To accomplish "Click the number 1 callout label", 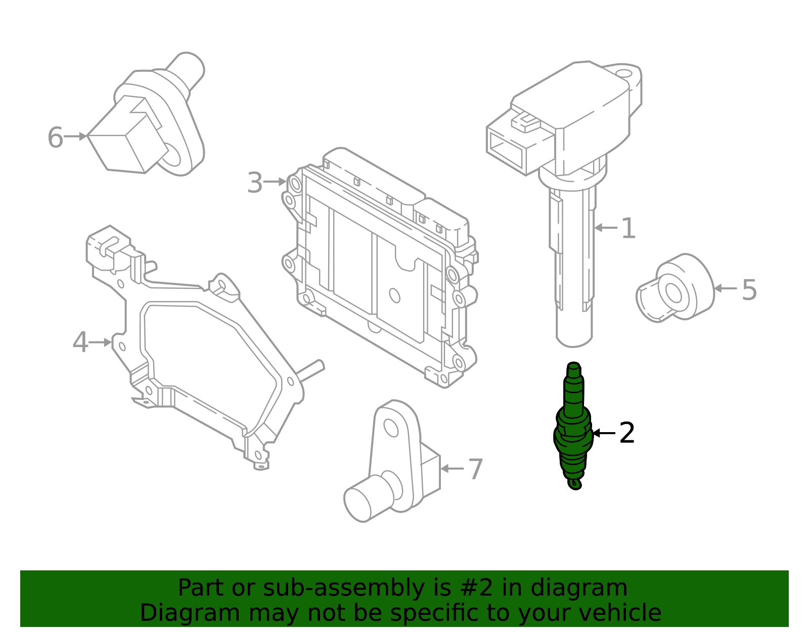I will click(627, 229).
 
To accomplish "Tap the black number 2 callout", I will click(627, 434).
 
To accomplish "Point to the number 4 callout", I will click(80, 343).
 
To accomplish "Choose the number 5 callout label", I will click(749, 290).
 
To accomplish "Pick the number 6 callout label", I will click(55, 138).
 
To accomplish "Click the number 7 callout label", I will click(475, 470).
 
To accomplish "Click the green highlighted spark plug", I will click(573, 430).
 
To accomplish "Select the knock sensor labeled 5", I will click(675, 288).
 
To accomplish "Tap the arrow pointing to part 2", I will click(604, 434).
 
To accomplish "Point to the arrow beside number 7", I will click(452, 469).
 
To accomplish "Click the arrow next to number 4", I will click(101, 343).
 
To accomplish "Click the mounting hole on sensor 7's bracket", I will click(391, 428).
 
